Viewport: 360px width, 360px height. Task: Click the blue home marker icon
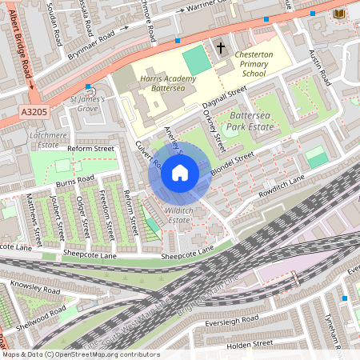pos(180,173)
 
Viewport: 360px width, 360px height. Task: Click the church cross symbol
pos(220,48)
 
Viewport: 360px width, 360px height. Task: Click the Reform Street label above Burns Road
pos(90,149)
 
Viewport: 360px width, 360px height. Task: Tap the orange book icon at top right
pos(339,14)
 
